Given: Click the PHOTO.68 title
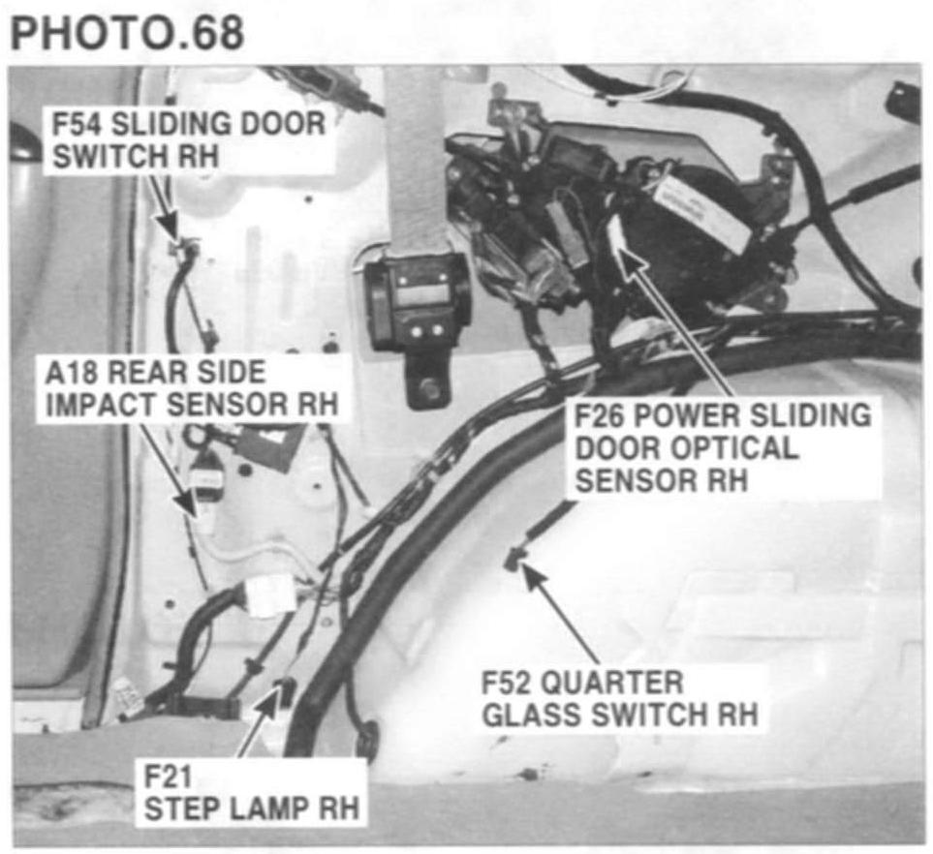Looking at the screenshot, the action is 126,31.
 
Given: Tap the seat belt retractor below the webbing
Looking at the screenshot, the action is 417,305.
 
